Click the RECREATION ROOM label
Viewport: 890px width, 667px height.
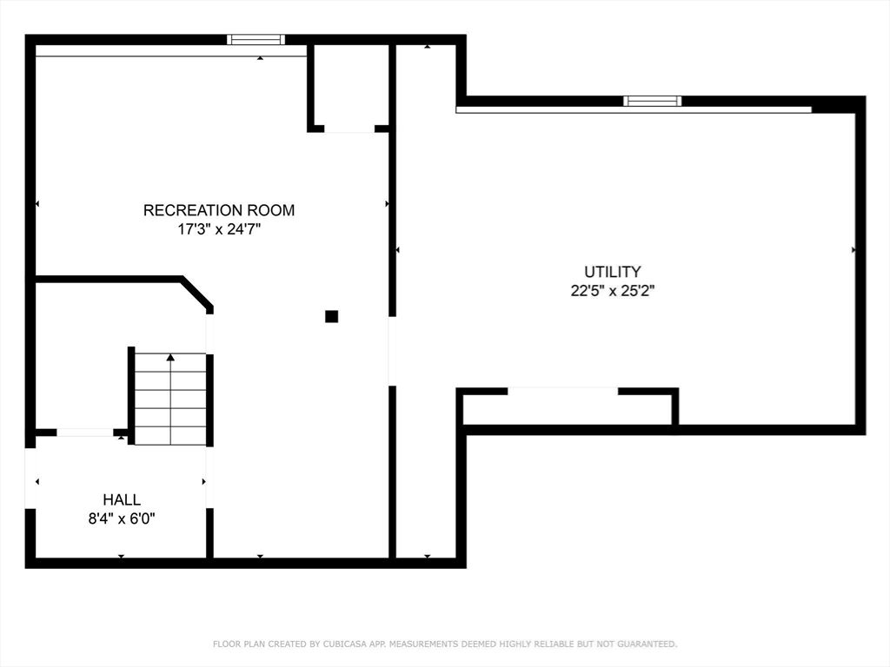pos(218,210)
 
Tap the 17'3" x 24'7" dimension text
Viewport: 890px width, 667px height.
pos(218,230)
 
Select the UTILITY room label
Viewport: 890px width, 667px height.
pos(612,272)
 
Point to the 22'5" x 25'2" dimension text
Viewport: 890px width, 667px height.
pos(612,292)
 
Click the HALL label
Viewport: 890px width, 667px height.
pos(121,499)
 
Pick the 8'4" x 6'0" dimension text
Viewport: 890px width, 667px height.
pos(121,518)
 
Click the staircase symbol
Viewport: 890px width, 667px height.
pos(170,400)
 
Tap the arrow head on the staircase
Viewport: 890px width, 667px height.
pos(170,357)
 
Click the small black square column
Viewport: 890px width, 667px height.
pos(331,316)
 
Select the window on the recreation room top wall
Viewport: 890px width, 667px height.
pos(256,39)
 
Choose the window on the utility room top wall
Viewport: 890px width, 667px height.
pos(652,101)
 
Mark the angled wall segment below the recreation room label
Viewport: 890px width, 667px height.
pos(196,292)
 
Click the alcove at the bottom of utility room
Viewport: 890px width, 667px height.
pos(568,408)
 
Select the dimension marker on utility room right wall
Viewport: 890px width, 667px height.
pos(853,250)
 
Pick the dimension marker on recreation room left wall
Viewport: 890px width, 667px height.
pos(37,204)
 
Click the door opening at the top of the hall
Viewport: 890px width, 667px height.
pos(84,432)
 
